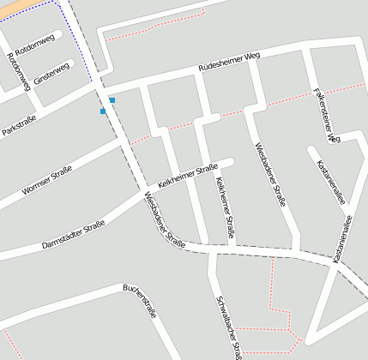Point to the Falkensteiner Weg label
pos(327,114)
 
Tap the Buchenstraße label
pos(139,301)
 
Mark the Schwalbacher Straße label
pos(231,326)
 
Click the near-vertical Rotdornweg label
pos(18,71)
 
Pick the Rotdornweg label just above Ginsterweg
pos(33,45)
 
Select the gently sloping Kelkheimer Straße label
pos(186,177)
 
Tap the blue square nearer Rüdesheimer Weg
pos(112,100)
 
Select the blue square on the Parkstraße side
pos(103,111)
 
